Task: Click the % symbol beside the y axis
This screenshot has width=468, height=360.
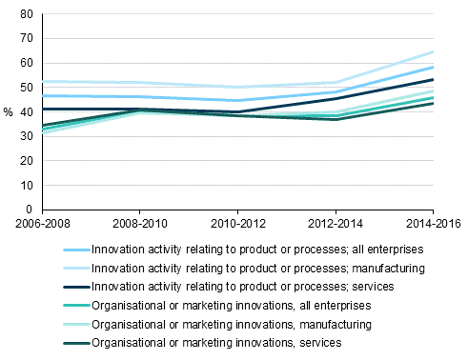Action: [x=9, y=112]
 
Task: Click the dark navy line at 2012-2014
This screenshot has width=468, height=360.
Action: [x=336, y=98]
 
